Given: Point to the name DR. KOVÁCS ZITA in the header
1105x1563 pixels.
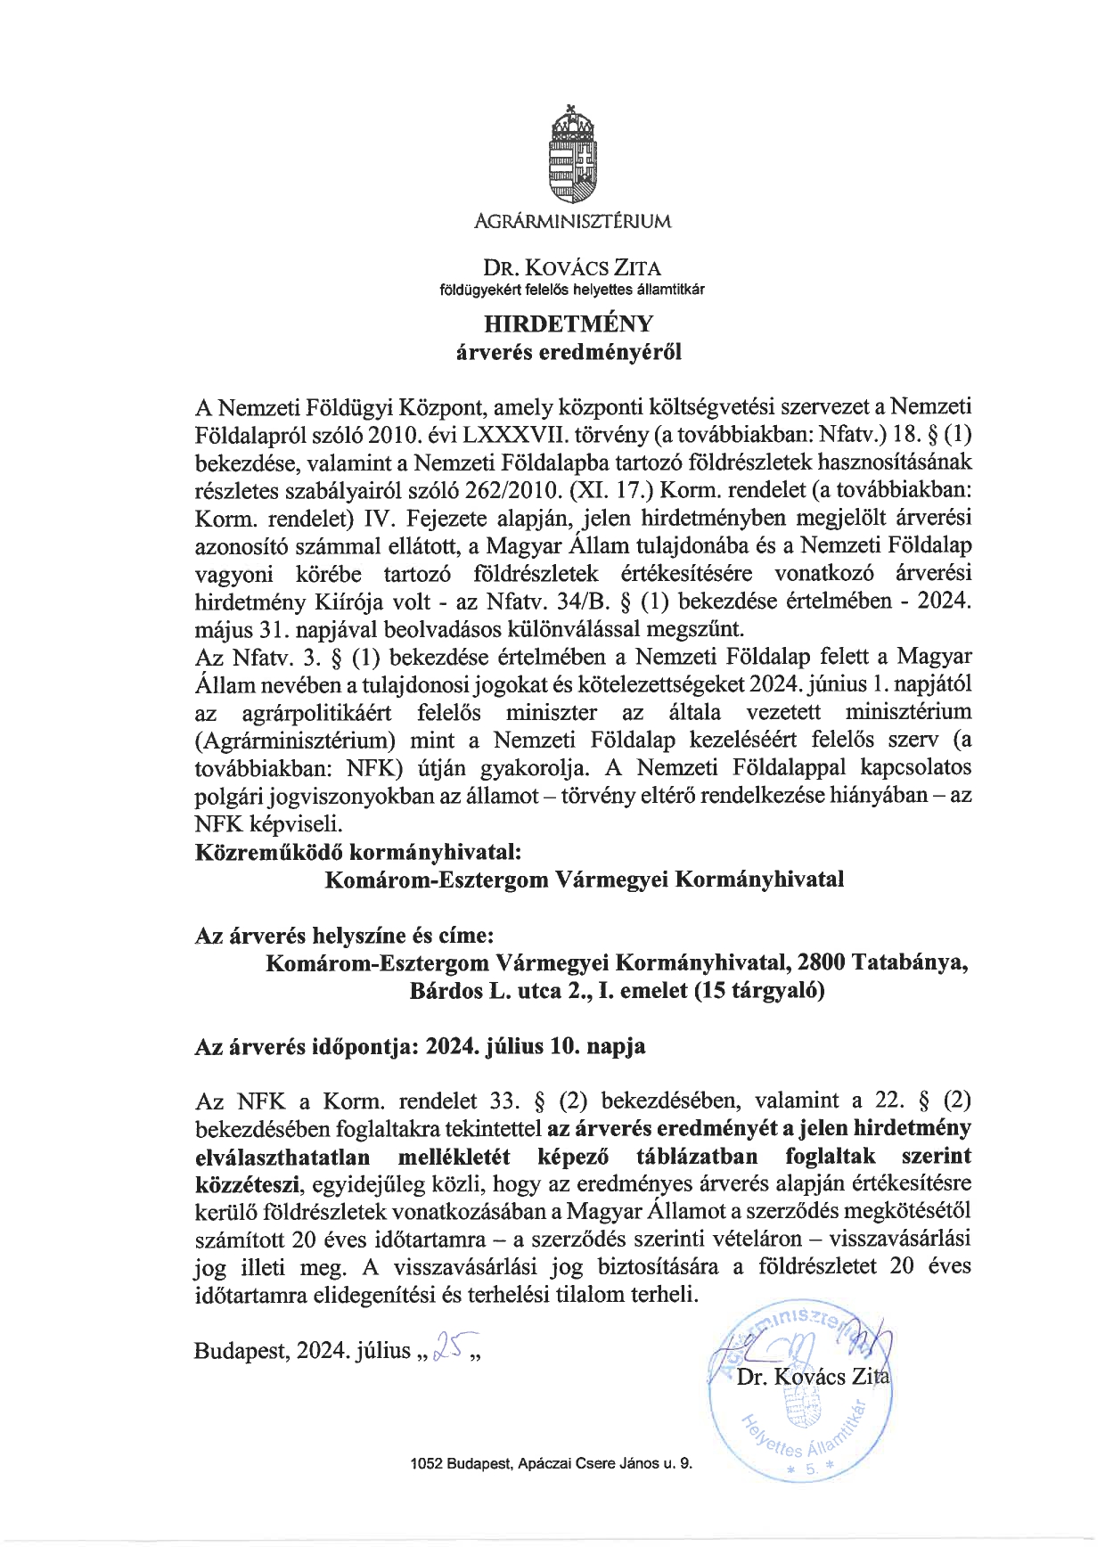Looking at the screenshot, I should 572,266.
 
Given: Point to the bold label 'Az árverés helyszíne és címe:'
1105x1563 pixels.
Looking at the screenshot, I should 343,935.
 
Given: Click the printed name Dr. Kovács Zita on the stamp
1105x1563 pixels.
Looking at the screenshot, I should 813,1377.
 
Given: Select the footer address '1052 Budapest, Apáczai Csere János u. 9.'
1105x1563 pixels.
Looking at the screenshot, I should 551,1462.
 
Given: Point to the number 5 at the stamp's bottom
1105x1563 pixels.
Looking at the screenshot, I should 811,1475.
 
